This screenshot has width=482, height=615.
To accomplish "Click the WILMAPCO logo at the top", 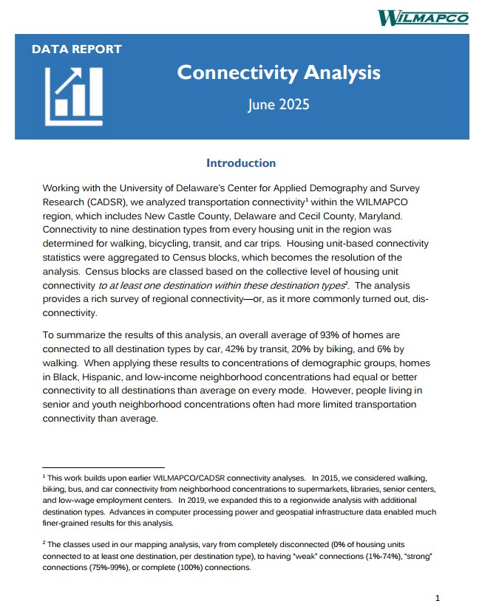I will (x=422, y=17).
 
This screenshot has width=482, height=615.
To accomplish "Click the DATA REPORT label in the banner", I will (x=77, y=49).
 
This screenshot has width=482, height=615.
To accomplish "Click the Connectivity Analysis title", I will (x=279, y=73).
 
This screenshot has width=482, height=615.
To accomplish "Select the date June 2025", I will (x=279, y=104).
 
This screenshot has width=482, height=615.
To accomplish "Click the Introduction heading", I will (x=241, y=163).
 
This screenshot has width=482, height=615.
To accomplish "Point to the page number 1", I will (x=438, y=598).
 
